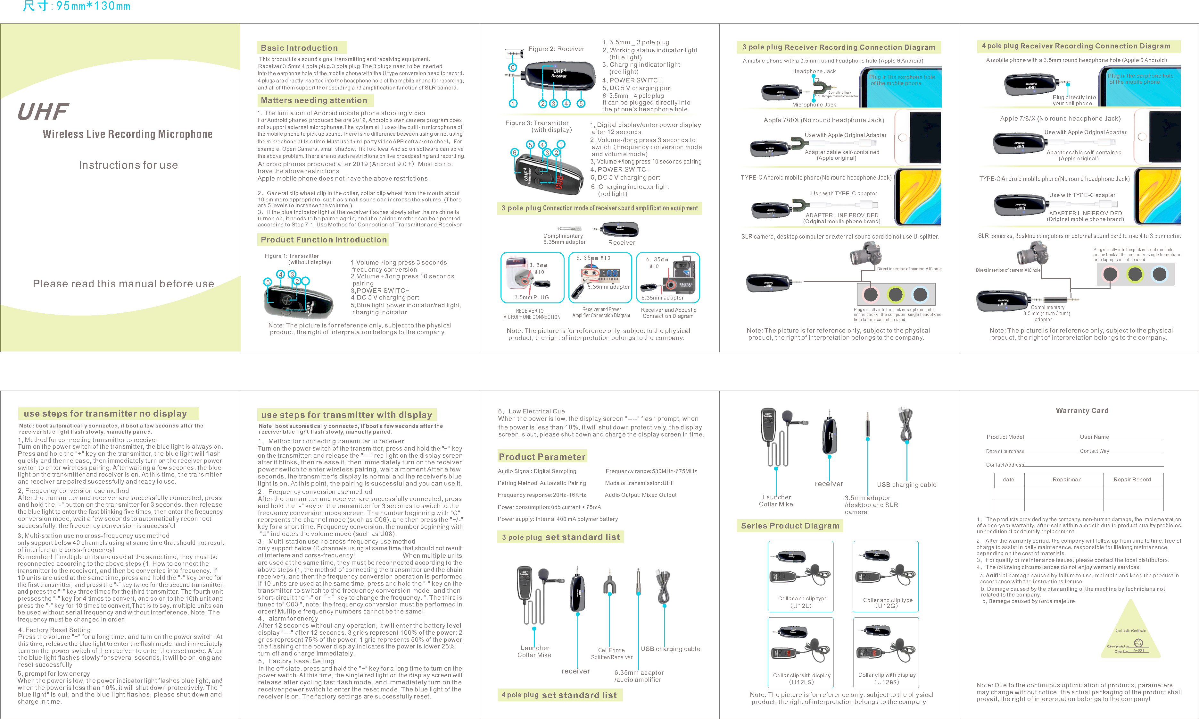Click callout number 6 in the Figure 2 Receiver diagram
pos(512,67)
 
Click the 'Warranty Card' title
pos(1082,410)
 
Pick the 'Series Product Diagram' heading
pos(790,526)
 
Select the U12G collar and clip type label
pos(887,603)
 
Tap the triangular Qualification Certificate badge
pos(1130,635)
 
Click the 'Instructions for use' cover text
pos(128,165)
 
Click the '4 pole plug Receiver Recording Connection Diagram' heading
pos(1076,46)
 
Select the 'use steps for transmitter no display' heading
pos(105,414)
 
